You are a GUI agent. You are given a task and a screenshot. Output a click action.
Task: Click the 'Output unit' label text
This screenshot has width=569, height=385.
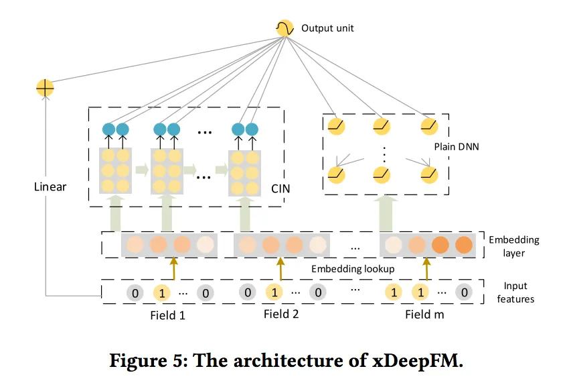327,28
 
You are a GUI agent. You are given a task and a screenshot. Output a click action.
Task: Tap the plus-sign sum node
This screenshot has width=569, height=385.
45,87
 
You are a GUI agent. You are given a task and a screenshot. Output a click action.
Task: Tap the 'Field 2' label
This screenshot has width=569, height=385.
281,314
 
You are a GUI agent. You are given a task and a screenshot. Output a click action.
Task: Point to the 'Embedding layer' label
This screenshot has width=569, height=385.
514,245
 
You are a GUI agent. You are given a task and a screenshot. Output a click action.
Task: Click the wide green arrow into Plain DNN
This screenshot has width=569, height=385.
387,213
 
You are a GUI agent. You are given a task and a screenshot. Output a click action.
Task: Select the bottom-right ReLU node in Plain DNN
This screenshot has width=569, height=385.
429,174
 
